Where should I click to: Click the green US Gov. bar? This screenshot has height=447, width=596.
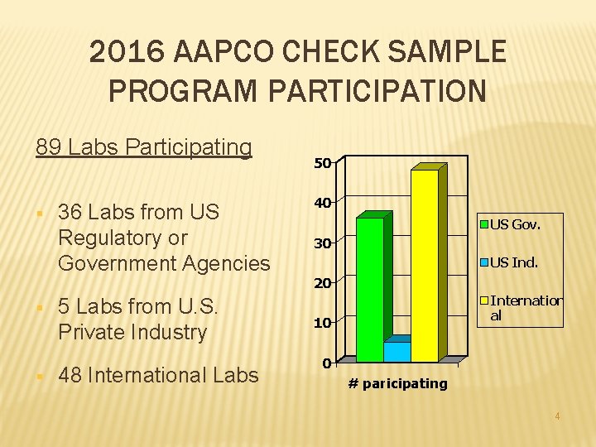click(370, 290)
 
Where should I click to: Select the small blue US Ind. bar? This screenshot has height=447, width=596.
click(397, 351)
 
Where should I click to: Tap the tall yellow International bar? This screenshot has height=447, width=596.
click(425, 265)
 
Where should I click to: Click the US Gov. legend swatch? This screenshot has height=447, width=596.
click(484, 223)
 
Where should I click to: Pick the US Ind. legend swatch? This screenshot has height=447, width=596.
click(484, 262)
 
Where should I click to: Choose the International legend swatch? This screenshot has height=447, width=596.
click(484, 300)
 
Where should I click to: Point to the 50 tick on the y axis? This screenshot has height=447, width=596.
click(322, 163)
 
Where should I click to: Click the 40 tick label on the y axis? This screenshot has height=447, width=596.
click(322, 203)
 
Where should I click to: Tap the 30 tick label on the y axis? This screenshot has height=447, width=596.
click(322, 243)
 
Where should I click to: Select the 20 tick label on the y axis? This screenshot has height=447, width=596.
click(322, 283)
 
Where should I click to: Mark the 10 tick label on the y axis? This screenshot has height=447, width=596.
click(322, 323)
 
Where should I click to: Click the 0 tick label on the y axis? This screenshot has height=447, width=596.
click(326, 363)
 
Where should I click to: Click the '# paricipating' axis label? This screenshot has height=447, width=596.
click(397, 383)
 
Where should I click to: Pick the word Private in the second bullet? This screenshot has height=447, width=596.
click(93, 332)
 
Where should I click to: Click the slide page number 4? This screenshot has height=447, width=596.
click(557, 416)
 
